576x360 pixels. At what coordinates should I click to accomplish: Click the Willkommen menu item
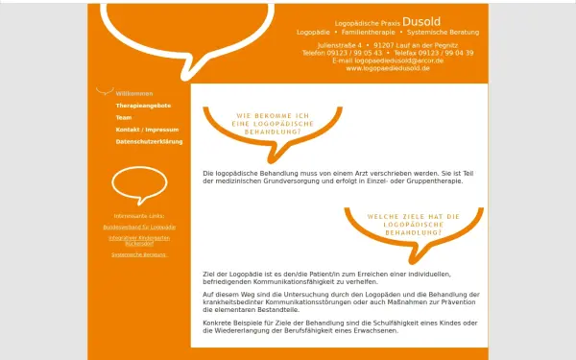(134, 93)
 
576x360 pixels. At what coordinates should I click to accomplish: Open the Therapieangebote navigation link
(143, 105)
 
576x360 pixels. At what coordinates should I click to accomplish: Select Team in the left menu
(124, 117)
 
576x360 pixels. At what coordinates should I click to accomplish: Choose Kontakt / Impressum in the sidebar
(147, 129)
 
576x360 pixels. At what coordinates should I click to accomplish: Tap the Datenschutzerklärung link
(149, 141)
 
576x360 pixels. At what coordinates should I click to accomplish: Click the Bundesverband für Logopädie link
(139, 228)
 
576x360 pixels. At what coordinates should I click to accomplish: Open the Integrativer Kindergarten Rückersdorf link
(139, 240)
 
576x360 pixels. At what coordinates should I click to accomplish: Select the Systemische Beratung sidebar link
(139, 254)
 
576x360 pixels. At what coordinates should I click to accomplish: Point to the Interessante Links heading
(139, 216)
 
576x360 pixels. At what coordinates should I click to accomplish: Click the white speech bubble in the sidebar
(139, 185)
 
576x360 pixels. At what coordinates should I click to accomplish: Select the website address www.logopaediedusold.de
(388, 69)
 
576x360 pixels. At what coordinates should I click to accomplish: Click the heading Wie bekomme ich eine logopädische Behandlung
(272, 123)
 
